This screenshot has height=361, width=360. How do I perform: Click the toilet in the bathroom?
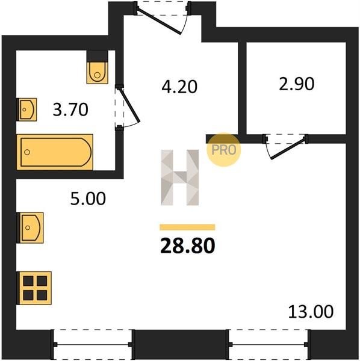point(98,73)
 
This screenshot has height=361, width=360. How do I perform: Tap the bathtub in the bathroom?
point(55,152)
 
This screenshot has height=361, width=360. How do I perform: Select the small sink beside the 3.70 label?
point(26,110)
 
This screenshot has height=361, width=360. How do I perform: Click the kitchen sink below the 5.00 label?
point(30,227)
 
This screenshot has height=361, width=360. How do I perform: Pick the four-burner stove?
point(34,288)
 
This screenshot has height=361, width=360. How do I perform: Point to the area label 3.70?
point(70,110)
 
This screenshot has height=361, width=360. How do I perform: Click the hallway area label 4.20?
point(179,87)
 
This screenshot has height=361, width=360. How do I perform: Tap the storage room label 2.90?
point(296,84)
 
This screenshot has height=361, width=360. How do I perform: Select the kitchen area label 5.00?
point(88,199)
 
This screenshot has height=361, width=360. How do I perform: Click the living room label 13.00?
point(311,312)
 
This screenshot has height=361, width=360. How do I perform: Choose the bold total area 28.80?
point(187,245)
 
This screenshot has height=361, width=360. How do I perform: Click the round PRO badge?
point(223,150)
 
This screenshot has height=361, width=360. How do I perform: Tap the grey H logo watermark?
point(180,177)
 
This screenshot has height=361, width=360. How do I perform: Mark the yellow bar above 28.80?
point(187,227)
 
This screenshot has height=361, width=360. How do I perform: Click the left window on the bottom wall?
point(93,344)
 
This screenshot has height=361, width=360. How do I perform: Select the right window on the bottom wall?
point(268,344)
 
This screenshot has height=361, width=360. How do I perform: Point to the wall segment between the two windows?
point(181,345)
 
